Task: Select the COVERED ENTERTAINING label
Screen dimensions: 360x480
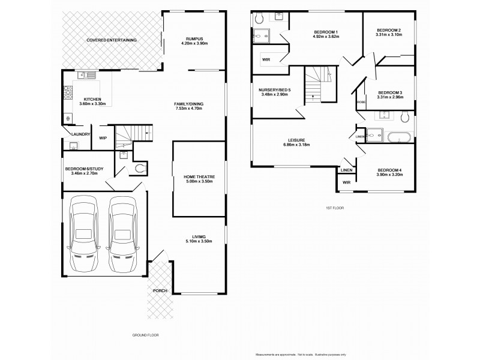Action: [x=112, y=40]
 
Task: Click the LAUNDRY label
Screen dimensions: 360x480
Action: [x=80, y=134]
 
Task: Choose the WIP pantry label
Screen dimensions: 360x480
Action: [x=103, y=138]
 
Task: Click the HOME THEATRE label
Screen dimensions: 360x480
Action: [x=199, y=177]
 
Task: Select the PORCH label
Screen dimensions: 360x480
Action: [x=160, y=290]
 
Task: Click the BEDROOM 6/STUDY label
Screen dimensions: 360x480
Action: [x=84, y=169]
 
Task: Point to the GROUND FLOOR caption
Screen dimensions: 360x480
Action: [x=145, y=334]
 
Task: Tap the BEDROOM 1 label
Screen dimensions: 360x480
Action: [x=326, y=32]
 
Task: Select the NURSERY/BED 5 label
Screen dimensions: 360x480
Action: [x=274, y=91]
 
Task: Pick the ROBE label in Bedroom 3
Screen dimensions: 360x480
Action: [x=361, y=102]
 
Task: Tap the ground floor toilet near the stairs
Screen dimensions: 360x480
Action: [x=141, y=169]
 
